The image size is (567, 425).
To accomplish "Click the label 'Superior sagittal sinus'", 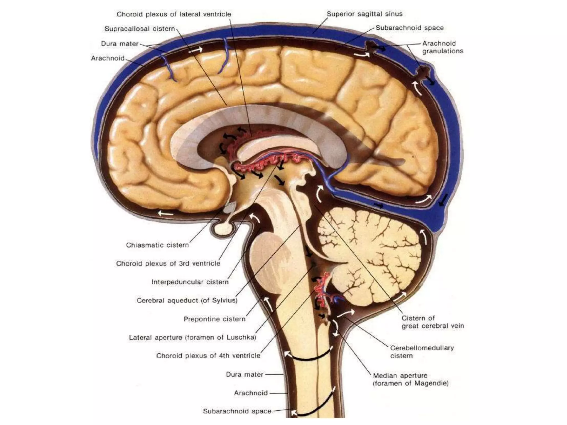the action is [x=364, y=14].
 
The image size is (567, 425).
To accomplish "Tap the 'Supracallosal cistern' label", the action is [x=140, y=29].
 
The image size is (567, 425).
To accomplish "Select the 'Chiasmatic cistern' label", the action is [x=157, y=245].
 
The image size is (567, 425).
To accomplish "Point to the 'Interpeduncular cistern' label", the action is [x=190, y=282].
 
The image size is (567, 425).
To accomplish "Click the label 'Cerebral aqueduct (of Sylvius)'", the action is [x=187, y=300].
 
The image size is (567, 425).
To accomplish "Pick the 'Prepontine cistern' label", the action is [x=215, y=319].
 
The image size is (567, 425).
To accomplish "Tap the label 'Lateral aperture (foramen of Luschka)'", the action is [x=192, y=338].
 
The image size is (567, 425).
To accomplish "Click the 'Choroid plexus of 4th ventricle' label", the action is [x=208, y=356].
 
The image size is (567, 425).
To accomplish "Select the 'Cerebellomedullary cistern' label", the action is [x=422, y=352].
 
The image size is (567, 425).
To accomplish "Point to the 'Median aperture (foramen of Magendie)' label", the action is [x=411, y=379].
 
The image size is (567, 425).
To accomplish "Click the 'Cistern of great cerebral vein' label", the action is [x=432, y=322].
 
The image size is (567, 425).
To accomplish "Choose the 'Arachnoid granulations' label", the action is [x=442, y=47].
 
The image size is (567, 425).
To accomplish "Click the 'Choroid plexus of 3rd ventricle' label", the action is [x=168, y=263].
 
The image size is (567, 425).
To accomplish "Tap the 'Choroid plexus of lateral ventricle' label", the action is [x=174, y=14].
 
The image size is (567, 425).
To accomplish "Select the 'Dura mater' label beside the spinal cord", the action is [x=244, y=375].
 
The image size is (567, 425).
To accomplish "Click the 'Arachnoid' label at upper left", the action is [x=108, y=58].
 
